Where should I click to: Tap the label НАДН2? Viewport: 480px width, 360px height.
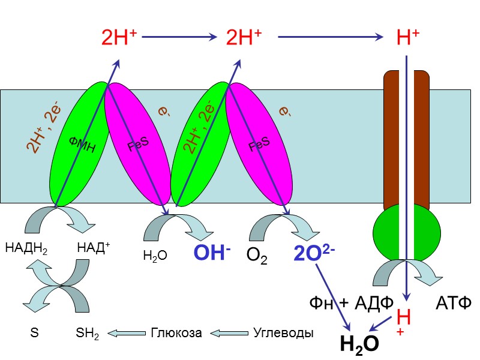pos(25,248)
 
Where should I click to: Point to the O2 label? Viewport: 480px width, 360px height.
pos(257,257)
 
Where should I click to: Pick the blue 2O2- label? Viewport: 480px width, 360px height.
pos(314,254)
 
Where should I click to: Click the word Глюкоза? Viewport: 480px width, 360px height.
pos(176,332)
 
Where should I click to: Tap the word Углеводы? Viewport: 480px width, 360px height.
pos(283,332)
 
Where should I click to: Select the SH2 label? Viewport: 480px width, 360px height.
pos(88,333)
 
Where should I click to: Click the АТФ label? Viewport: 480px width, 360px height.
pos(454,302)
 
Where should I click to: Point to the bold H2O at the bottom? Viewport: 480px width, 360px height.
pos(359,343)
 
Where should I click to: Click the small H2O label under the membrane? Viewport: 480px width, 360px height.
pos(155,257)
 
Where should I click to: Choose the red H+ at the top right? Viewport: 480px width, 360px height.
pos(408,38)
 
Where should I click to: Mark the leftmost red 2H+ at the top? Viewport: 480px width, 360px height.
pos(119,38)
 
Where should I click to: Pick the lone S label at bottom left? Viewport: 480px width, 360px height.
pos(34,332)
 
